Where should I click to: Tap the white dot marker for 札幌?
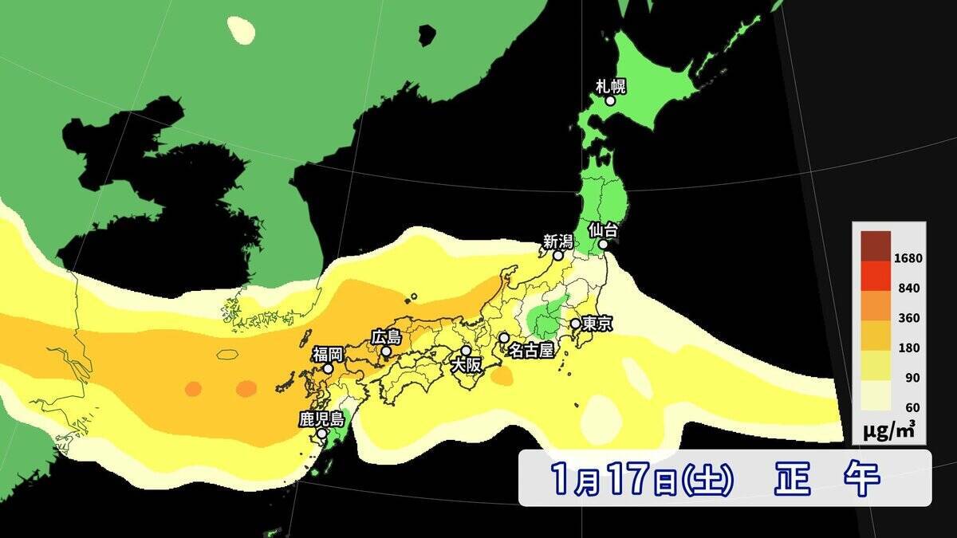coord(610,101)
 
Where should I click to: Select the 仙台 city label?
coord(603,230)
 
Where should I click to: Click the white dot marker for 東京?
coord(575,324)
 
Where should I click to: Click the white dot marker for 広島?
coord(386,351)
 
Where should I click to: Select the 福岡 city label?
coord(328,354)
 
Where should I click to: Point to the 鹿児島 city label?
coord(321,418)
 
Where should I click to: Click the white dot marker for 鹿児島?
coord(321,434)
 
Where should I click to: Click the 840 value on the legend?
coord(908,289)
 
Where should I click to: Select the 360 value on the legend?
coord(908,318)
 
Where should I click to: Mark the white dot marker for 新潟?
coord(558,256)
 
